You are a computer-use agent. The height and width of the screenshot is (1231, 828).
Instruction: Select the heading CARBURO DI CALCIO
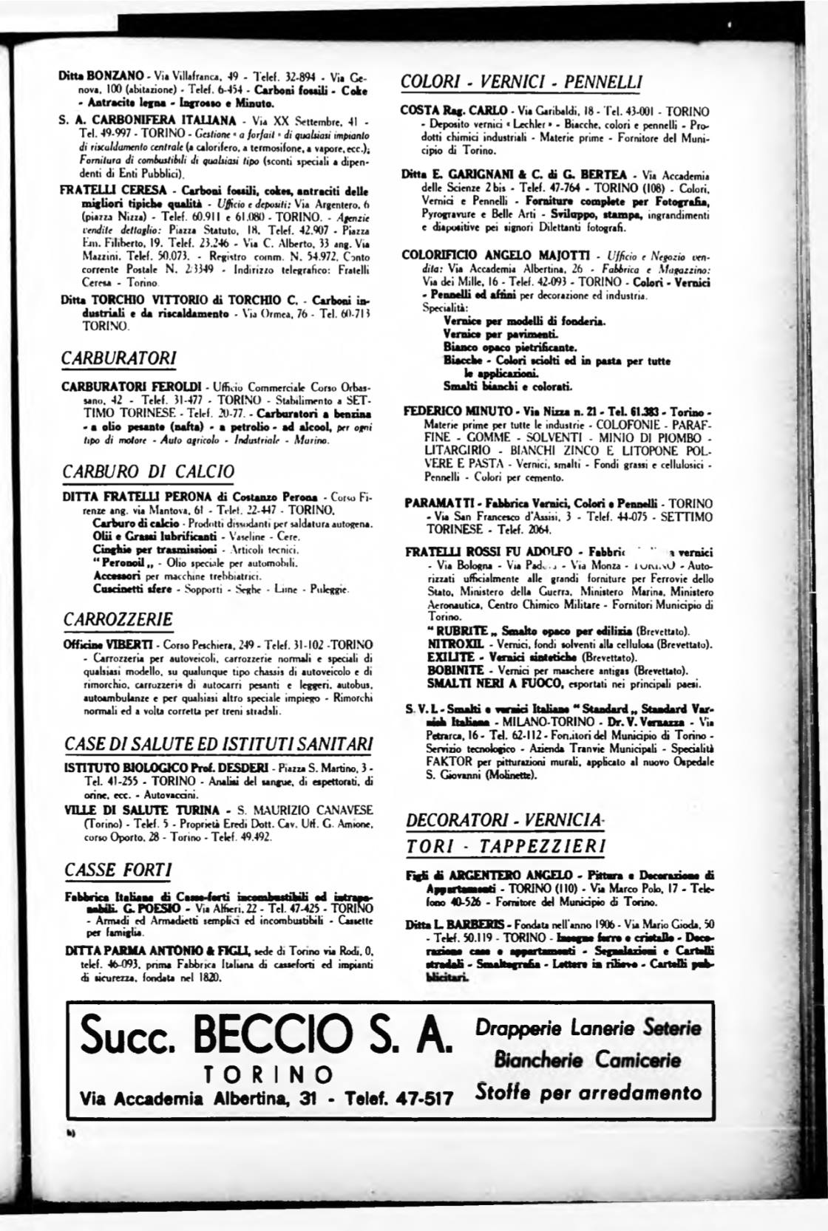pos(149,471)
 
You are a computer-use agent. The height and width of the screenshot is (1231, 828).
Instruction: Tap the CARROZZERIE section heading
pos(118,619)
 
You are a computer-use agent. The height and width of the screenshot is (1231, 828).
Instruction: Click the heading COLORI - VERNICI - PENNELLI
pos(520,81)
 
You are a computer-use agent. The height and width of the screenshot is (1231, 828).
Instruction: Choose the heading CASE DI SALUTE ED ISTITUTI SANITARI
pos(219,743)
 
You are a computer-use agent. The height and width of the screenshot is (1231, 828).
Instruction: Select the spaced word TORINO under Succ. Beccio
pos(268,1072)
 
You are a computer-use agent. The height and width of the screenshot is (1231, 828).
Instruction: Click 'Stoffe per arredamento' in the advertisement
pos(588,1092)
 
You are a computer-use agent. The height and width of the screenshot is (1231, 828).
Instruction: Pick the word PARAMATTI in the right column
pos(439,503)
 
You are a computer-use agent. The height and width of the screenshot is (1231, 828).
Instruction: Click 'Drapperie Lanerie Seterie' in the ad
pos(588,1027)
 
